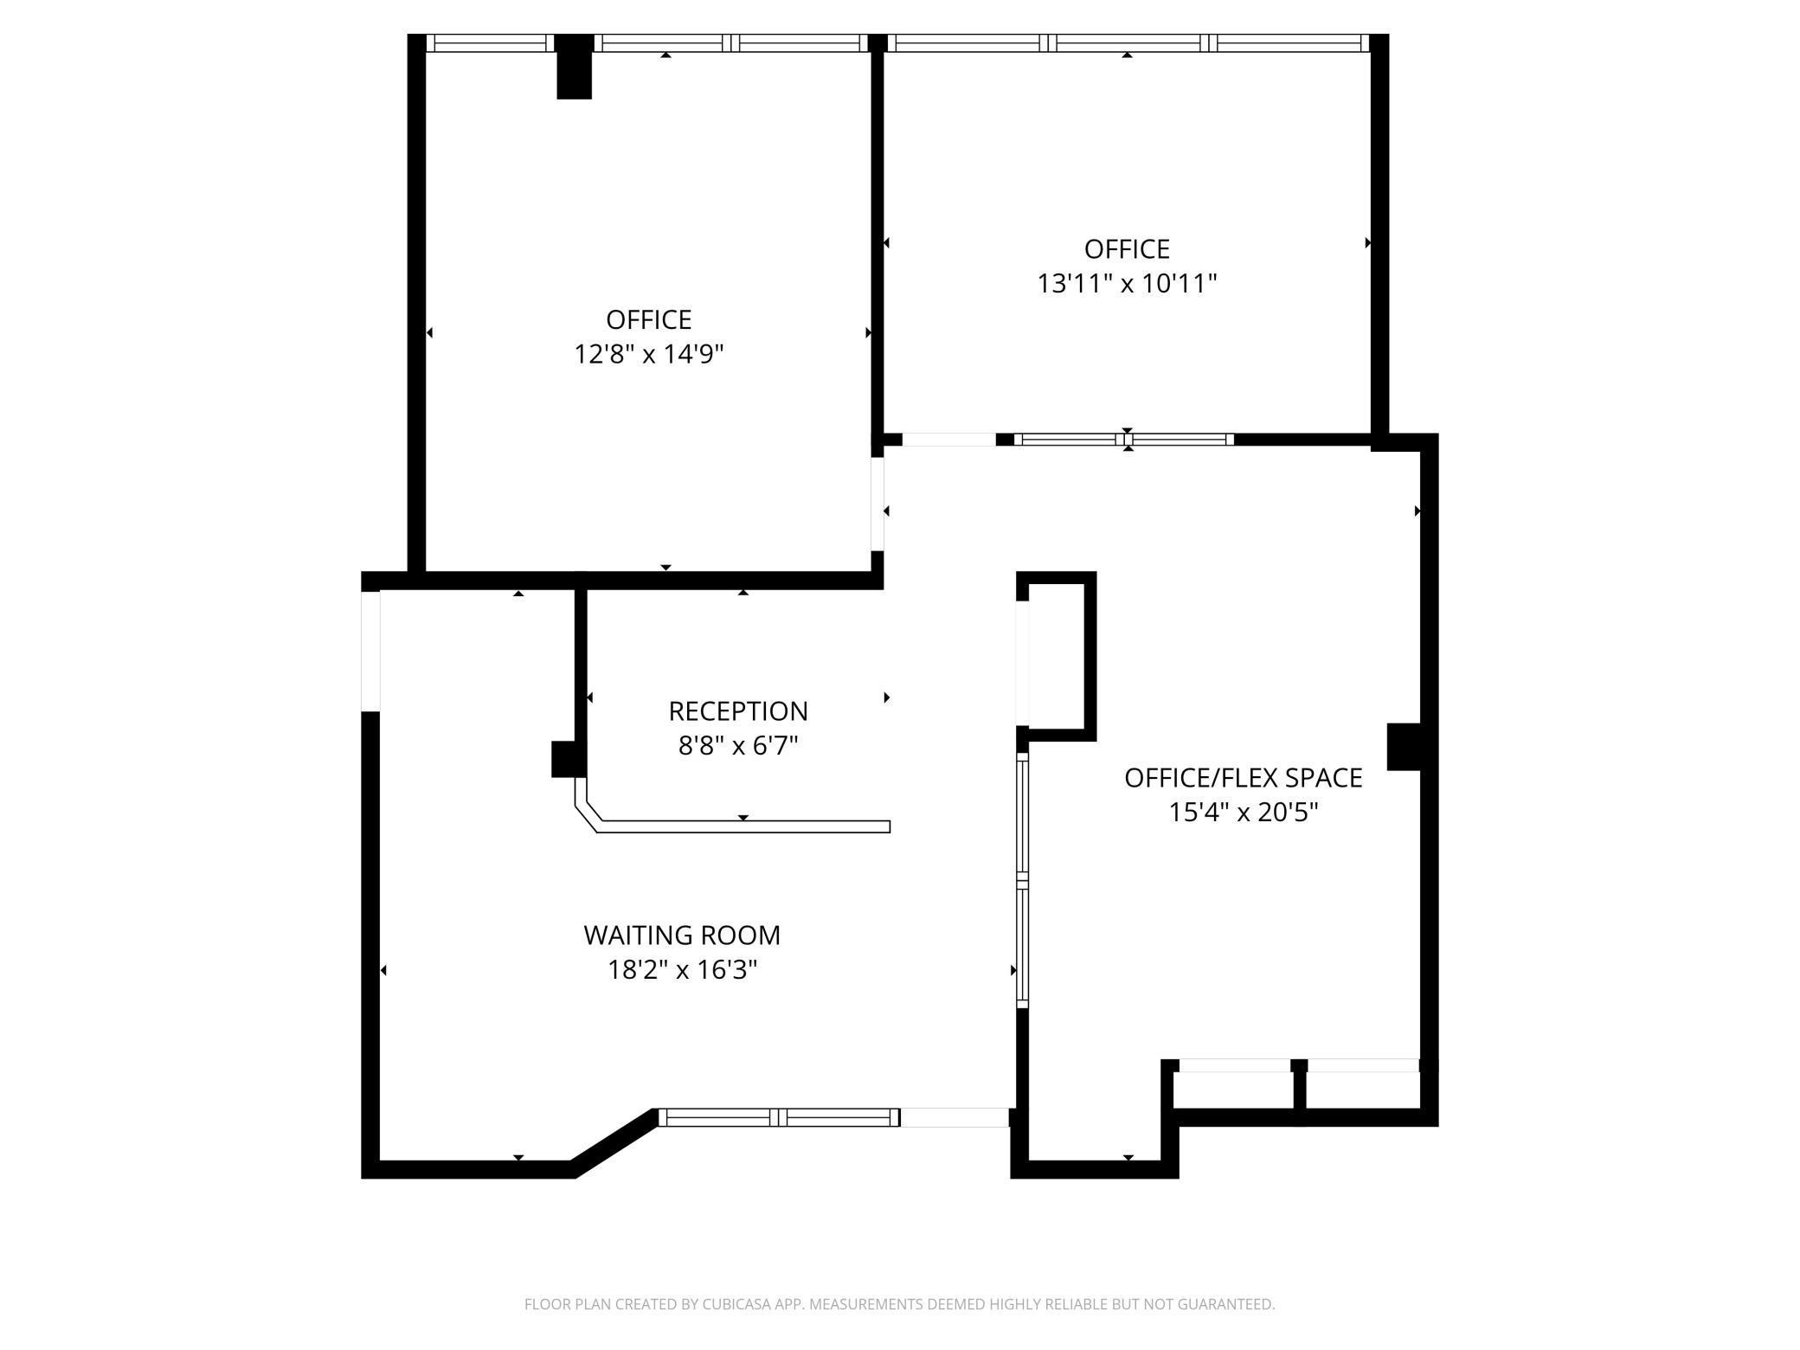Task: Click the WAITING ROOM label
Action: [682, 935]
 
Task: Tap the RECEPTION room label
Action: [738, 711]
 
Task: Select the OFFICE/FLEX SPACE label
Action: [1243, 778]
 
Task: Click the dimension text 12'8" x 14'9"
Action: [649, 354]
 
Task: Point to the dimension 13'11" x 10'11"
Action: [1127, 283]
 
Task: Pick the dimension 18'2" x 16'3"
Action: [682, 970]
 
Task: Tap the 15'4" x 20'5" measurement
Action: [1243, 813]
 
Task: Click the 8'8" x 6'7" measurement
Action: [738, 745]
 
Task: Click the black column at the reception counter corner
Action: [569, 759]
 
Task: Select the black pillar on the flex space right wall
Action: [1404, 747]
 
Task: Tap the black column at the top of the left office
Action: [574, 67]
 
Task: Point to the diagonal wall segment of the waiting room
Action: [615, 1142]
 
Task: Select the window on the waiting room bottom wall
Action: [779, 1117]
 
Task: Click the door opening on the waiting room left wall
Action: [370, 651]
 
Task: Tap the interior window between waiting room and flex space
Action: [1022, 880]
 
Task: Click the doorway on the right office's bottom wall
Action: [949, 440]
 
